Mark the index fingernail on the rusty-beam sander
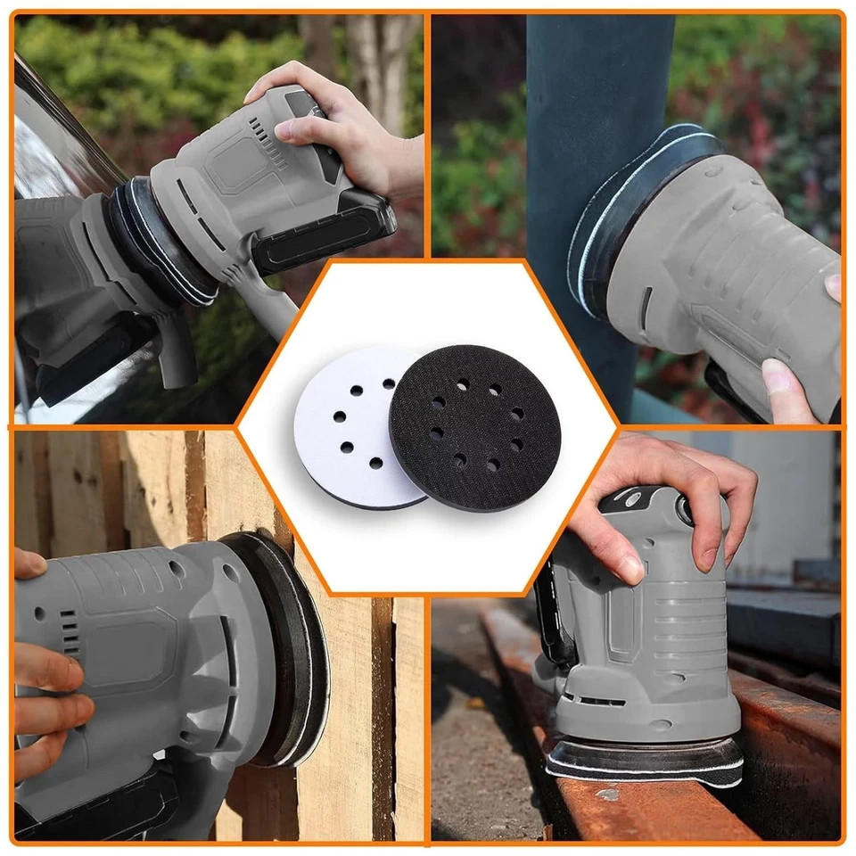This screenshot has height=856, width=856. [x=630, y=566]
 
